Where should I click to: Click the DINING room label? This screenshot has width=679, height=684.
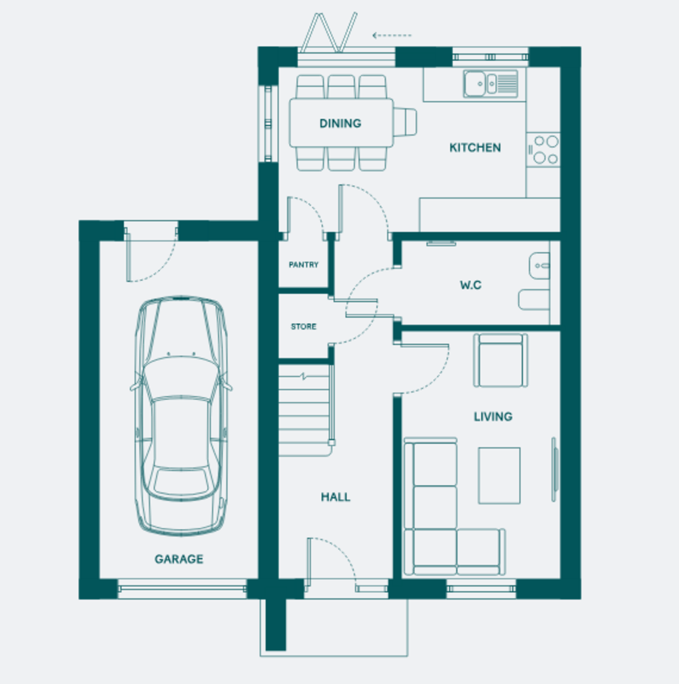coord(340,123)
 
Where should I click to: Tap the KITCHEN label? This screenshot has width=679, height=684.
coord(475,147)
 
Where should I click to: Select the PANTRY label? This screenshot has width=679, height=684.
coord(304,264)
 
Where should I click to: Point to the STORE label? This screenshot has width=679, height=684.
coord(304,326)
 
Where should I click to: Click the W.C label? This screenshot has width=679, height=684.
coord(471,284)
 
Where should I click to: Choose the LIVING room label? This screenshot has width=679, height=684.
coord(493,416)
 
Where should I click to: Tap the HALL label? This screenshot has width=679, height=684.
coord(336,497)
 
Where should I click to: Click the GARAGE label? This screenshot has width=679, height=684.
coord(179,559)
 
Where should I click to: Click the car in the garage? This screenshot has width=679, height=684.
coord(181,416)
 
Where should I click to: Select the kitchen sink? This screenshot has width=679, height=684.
coord(490,84)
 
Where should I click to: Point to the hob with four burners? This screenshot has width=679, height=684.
coord(543,150)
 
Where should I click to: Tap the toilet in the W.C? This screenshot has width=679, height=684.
coord(534,300)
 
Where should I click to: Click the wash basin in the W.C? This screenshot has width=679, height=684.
coord(539,266)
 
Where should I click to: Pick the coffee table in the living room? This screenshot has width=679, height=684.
coord(499,475)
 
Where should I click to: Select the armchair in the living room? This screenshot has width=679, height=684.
coord(500,360)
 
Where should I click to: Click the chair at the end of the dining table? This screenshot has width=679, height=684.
coord(405,123)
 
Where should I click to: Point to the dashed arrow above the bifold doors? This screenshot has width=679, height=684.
coord(392,35)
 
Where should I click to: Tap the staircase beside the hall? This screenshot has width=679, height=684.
coord(305,410)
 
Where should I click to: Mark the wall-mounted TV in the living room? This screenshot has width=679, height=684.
coord(555,469)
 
